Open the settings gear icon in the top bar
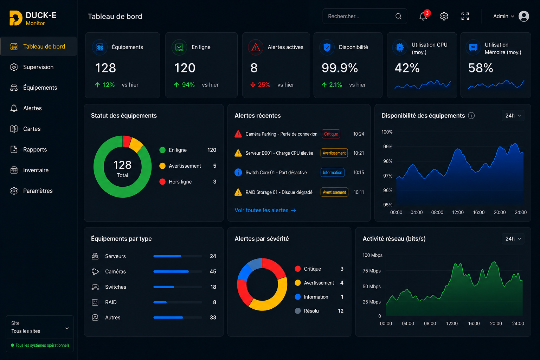click(x=444, y=16)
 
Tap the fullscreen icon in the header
click(x=465, y=16)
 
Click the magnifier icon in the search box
click(x=398, y=16)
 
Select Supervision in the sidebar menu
click(x=38, y=67)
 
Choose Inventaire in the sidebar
click(x=36, y=170)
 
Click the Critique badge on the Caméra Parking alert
click(x=331, y=134)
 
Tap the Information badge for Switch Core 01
click(x=333, y=172)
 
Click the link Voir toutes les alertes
click(x=265, y=210)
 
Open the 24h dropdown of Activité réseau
click(x=513, y=239)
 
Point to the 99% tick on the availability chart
click(x=388, y=147)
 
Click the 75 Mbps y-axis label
click(x=372, y=271)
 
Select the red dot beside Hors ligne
click(x=162, y=181)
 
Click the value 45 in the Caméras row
click(x=213, y=271)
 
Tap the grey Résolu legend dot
click(x=298, y=311)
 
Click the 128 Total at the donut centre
click(x=122, y=168)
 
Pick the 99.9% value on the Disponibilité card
click(x=340, y=68)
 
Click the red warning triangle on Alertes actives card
click(x=256, y=47)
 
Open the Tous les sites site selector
click(x=40, y=327)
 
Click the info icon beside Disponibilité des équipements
click(x=471, y=116)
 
